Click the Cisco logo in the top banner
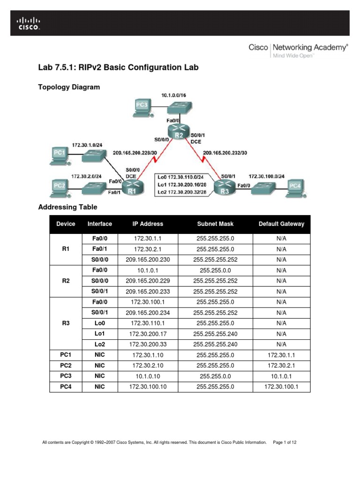(x=29, y=23)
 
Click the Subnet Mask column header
(x=216, y=224)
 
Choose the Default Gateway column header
(x=281, y=224)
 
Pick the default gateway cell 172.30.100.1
(x=281, y=387)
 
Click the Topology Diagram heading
(x=69, y=87)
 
